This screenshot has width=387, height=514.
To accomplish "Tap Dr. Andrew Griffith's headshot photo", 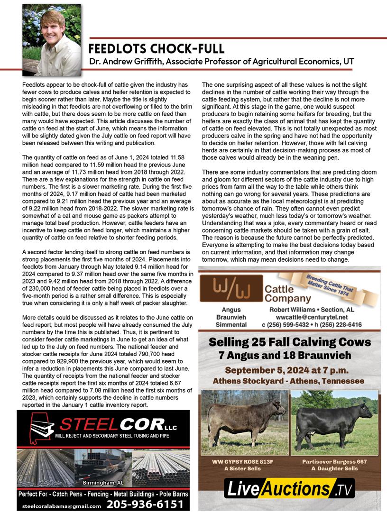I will tap(52, 39).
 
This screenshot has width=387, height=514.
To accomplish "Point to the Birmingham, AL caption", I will tap(103, 483).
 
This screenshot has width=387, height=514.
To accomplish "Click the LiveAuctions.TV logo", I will tap(289, 489).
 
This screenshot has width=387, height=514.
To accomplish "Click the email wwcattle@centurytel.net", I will tap(312, 317).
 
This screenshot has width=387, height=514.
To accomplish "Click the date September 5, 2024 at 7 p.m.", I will tap(290, 370).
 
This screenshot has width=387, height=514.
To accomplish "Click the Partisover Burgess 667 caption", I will tap(334, 461).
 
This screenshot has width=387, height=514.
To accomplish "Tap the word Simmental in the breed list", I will tap(231, 325).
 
